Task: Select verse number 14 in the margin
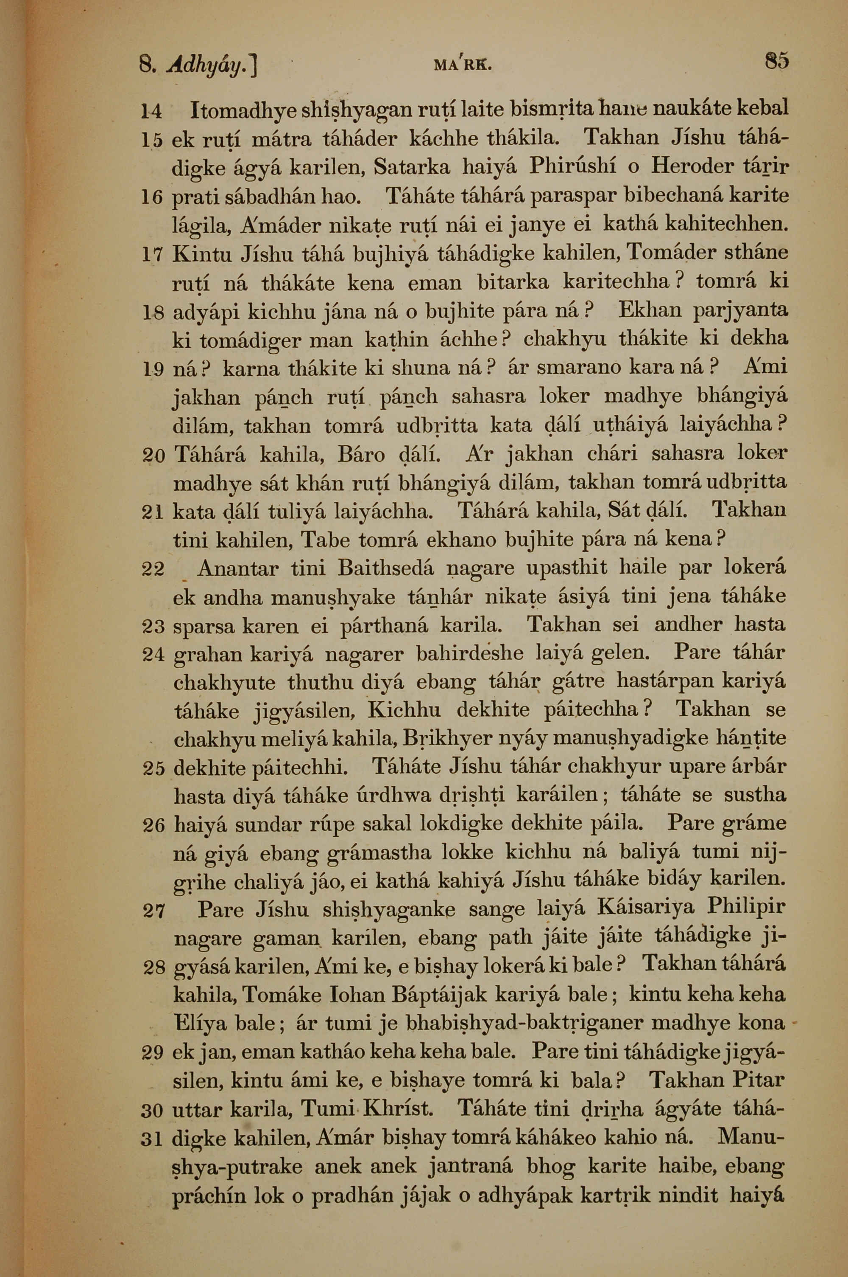(x=152, y=112)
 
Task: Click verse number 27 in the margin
(x=153, y=911)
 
